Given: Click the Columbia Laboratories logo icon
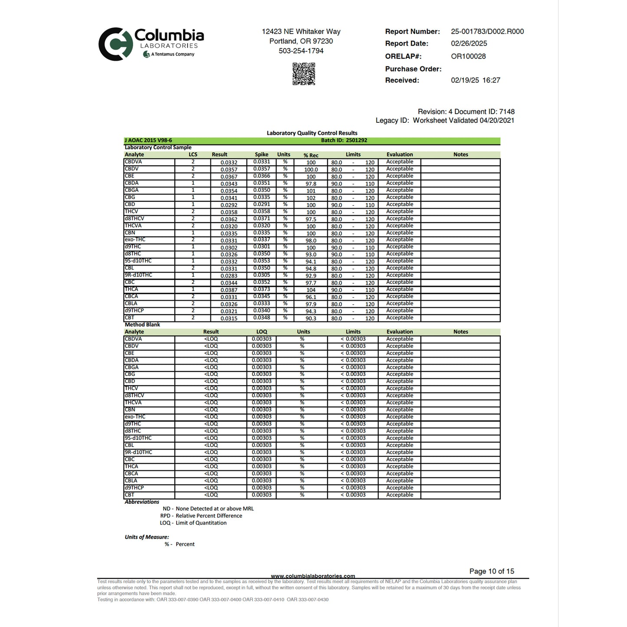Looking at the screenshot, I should pos(115,44).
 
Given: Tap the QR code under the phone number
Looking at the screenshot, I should pos(303,74).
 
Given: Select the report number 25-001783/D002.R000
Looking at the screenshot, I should pos(487,32).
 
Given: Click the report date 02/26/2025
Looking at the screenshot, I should pos(469,43).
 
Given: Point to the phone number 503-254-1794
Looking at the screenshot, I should pos(301,51).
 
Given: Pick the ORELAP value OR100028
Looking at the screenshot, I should pos(468,56).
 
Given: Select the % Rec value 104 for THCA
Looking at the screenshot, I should pos(311,290).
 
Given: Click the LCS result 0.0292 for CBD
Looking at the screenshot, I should pos(229,205).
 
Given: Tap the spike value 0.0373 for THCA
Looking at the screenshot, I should pos(262,289).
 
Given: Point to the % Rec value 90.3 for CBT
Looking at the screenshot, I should pos(311,318).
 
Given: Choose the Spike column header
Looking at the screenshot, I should pos(261,154).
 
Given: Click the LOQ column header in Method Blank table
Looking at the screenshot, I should pos(262,332).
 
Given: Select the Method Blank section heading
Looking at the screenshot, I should pos(142,325).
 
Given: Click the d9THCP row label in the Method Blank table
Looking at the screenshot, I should pos(135,488).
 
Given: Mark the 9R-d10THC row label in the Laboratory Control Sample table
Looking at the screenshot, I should pos(138,275).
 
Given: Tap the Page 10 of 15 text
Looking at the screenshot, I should pos(491,571).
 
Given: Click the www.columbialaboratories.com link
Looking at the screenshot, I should pos(313,576).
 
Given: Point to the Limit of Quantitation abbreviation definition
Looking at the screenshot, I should pos(201,523).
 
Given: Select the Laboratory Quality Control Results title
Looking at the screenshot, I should pos(312,133).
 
